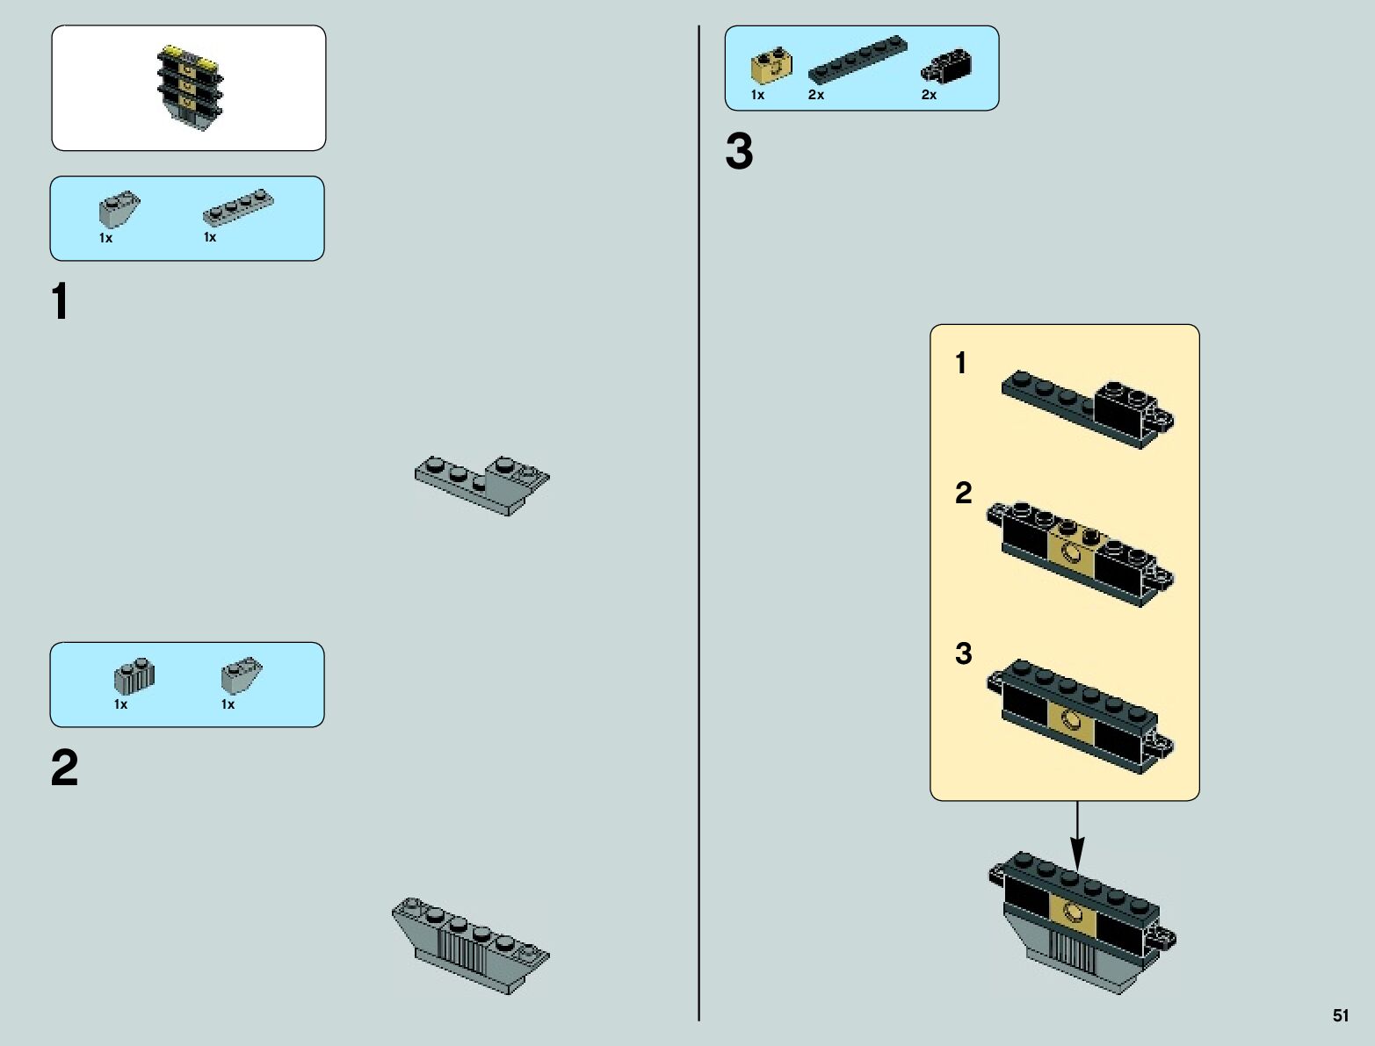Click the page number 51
tap(1340, 1016)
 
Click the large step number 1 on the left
tap(60, 303)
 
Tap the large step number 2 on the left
tap(64, 769)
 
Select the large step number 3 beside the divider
tap(739, 153)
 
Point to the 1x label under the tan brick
tap(757, 95)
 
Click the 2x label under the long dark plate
tap(816, 95)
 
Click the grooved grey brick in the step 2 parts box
tap(134, 675)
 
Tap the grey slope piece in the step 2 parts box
tap(242, 675)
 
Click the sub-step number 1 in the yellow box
tap(961, 363)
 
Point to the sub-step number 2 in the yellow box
tap(964, 494)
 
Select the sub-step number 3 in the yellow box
tap(964, 653)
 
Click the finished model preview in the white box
tap(187, 88)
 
